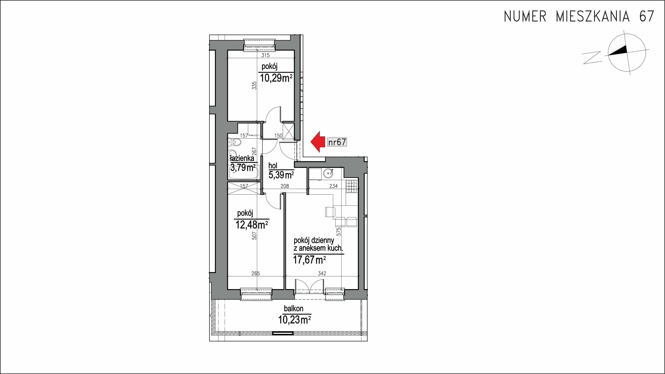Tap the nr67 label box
(x=337, y=142)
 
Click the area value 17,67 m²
(x=309, y=260)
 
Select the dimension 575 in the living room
(x=339, y=231)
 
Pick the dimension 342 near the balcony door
(x=322, y=273)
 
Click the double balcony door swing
(x=309, y=286)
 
